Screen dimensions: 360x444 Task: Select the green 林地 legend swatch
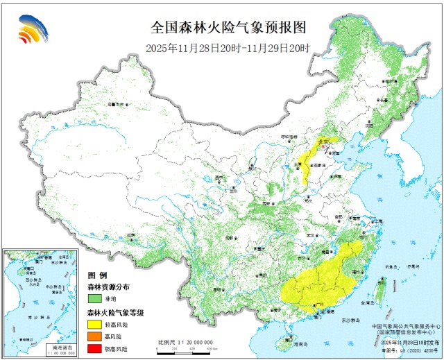click(95, 298)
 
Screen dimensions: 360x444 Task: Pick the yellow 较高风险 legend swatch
click(95, 324)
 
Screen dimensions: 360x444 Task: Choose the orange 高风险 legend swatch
click(95, 336)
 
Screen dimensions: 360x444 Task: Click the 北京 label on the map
click(321, 142)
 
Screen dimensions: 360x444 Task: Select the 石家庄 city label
click(320, 166)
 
